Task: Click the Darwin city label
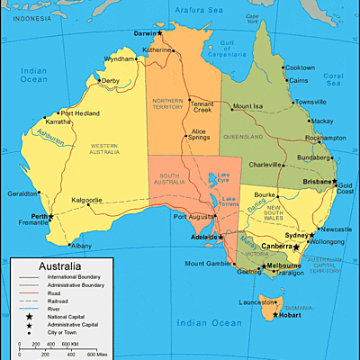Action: click(144, 33)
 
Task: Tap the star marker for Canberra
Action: click(296, 247)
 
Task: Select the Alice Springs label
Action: click(201, 136)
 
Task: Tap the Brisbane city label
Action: click(318, 181)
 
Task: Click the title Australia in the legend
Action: click(53, 267)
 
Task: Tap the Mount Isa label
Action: click(247, 107)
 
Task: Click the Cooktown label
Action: click(299, 67)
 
